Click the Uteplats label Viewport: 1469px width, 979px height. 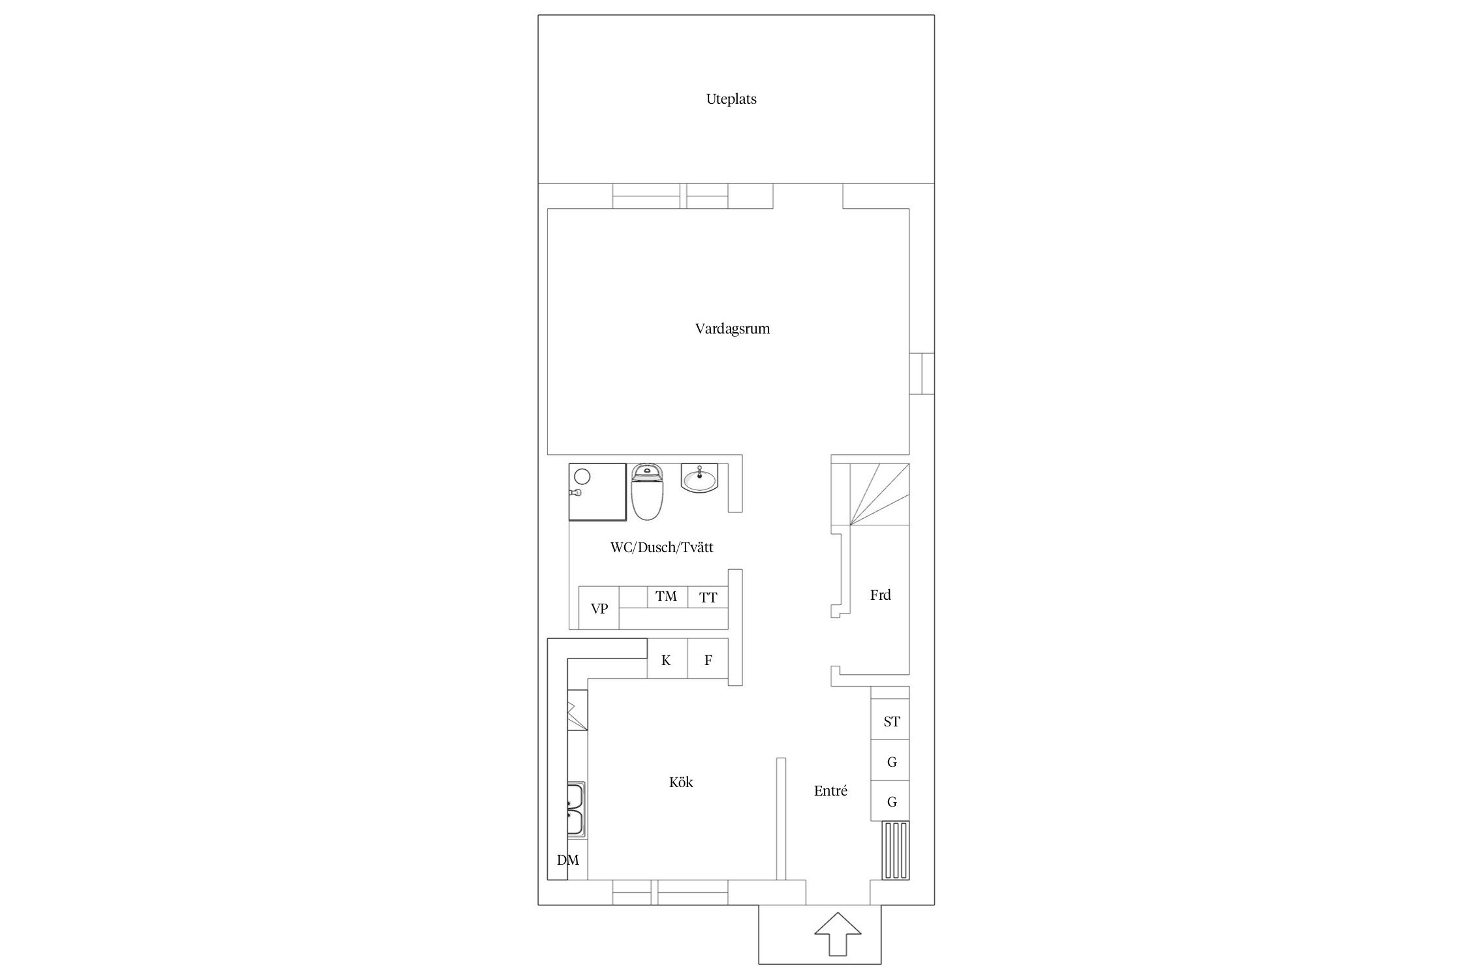pyautogui.click(x=731, y=99)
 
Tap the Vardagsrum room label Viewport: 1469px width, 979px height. pyautogui.click(x=733, y=328)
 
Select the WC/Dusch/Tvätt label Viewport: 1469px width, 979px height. pyautogui.click(x=661, y=547)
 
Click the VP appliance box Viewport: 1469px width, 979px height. pyautogui.click(x=599, y=608)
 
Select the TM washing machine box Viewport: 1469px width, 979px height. pyautogui.click(x=667, y=597)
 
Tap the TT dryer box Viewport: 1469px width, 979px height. pyautogui.click(x=708, y=597)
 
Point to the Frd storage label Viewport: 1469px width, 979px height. pyautogui.click(x=880, y=595)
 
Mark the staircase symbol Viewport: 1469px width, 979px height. pyautogui.click(x=870, y=494)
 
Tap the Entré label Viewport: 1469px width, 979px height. pyautogui.click(x=830, y=791)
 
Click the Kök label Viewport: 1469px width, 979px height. pyautogui.click(x=681, y=782)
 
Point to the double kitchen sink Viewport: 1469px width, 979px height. pyautogui.click(x=576, y=810)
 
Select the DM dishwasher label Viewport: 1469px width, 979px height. pyautogui.click(x=568, y=860)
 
